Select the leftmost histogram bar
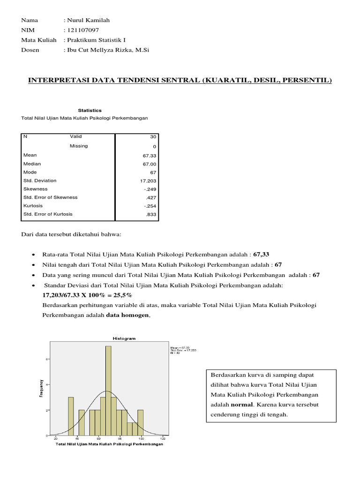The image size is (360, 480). [71, 416]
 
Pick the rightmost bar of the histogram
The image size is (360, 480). [140, 423]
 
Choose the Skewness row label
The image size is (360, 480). [35, 189]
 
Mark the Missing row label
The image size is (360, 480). [79, 146]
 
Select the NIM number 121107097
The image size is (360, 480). [83, 30]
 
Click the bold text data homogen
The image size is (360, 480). [127, 316]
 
